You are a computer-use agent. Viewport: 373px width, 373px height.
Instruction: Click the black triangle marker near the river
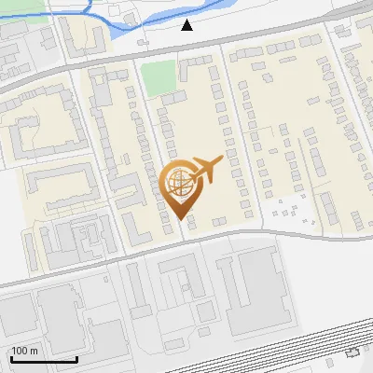(187, 25)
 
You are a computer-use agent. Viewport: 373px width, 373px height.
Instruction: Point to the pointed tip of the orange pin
(179, 218)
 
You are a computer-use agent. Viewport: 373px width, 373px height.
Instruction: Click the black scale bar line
(44, 359)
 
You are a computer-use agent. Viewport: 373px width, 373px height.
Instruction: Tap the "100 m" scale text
(25, 351)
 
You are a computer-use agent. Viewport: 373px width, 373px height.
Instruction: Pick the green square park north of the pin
(159, 77)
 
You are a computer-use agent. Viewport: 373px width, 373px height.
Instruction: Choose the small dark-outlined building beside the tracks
(352, 353)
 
